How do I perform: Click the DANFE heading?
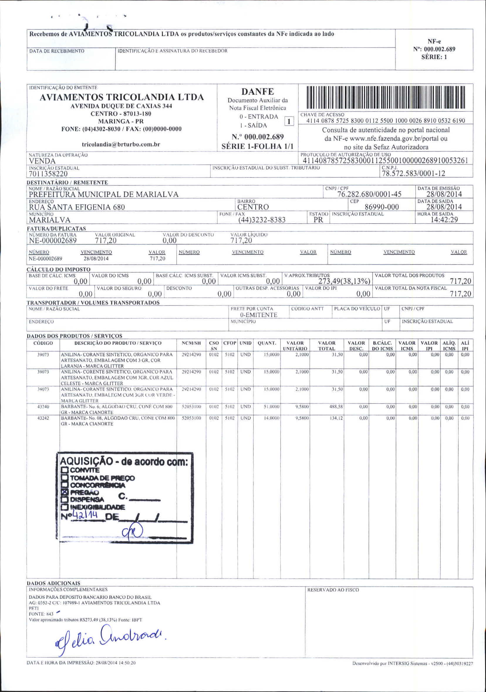pyautogui.click(x=258, y=92)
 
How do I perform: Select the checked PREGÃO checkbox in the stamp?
pyautogui.click(x=65, y=492)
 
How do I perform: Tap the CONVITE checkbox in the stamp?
pyautogui.click(x=65, y=470)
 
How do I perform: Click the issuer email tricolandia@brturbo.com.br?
pyautogui.click(x=121, y=144)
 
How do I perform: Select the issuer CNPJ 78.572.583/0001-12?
pyautogui.click(x=414, y=174)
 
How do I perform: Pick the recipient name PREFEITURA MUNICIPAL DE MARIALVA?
pyautogui.click(x=104, y=194)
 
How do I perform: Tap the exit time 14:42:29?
pyautogui.click(x=444, y=219)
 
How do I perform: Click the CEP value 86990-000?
pyautogui.click(x=382, y=207)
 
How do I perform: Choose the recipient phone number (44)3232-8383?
pyautogui.click(x=261, y=220)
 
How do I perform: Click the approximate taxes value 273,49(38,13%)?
pyautogui.click(x=344, y=281)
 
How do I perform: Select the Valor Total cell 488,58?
pyautogui.click(x=336, y=407)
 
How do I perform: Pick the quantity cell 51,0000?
pyautogui.click(x=271, y=407)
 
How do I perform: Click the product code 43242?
pyautogui.click(x=43, y=418)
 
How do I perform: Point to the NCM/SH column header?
pyautogui.click(x=191, y=343)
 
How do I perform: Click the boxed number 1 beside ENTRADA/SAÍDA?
pyautogui.click(x=289, y=122)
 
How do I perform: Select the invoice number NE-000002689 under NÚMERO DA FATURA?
pyautogui.click(x=53, y=240)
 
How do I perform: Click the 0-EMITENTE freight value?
pyautogui.click(x=258, y=315)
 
